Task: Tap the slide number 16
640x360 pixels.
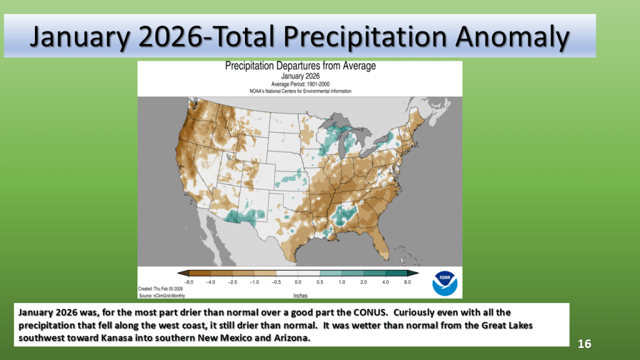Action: tap(584, 344)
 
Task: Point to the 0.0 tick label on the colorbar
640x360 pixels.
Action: tap(299, 282)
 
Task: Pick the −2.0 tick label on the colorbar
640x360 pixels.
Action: tap(233, 282)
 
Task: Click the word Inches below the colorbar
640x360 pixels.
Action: tap(300, 294)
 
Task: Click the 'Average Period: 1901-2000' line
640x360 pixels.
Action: tap(300, 84)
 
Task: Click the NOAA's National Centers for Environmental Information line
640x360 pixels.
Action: tap(300, 91)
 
